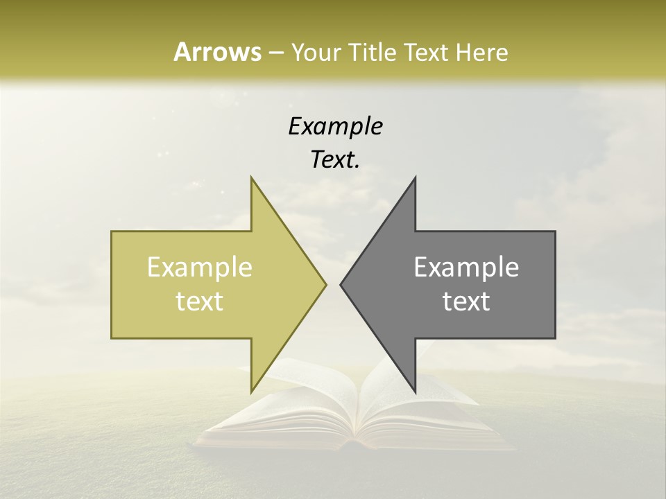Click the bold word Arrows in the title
coord(217,52)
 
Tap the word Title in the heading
coord(372,52)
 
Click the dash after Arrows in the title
coord(275,53)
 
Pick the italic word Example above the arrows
coord(335,126)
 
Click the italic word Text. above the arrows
coord(335,160)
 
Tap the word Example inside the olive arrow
coord(200,268)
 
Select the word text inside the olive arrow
coord(200,301)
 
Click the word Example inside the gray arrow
coord(466,268)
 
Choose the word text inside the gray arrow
coord(466,301)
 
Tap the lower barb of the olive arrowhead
coord(253,389)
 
